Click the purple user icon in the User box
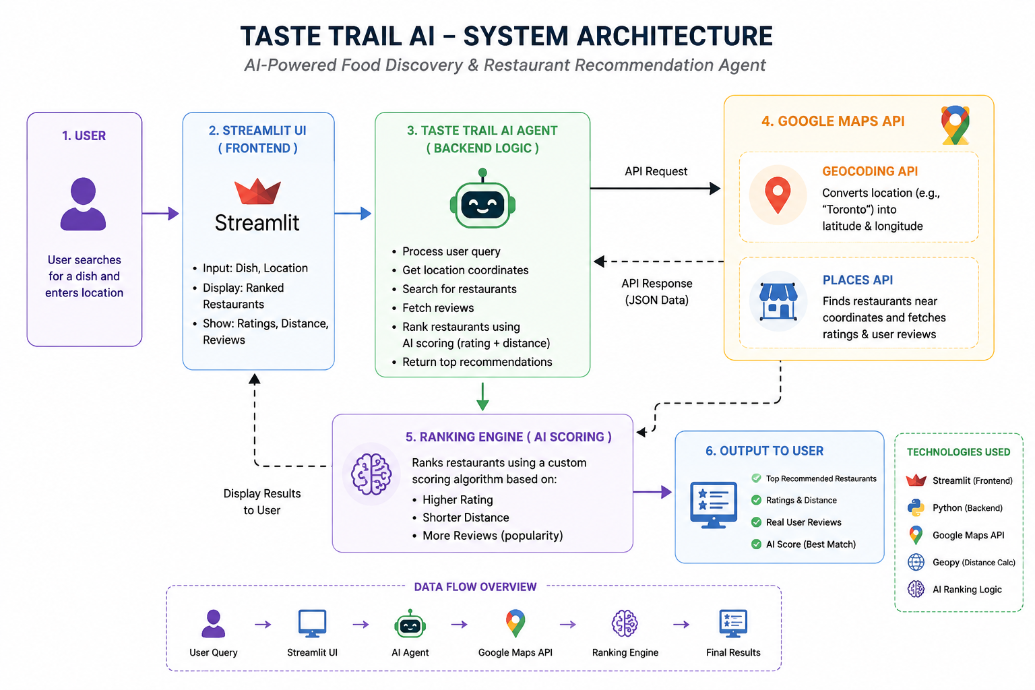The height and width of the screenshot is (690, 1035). (x=83, y=203)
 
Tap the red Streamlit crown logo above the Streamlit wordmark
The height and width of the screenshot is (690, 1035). (x=257, y=191)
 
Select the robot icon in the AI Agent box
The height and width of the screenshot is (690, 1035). (x=482, y=198)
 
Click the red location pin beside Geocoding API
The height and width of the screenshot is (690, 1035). (x=778, y=195)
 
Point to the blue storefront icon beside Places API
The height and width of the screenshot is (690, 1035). (x=778, y=301)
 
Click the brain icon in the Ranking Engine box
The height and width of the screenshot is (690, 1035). (x=371, y=474)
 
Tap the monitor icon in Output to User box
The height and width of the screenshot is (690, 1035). (x=714, y=505)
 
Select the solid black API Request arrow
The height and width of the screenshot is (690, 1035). (x=655, y=188)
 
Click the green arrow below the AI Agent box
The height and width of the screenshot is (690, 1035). (x=482, y=396)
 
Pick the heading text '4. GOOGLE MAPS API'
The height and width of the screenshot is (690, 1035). (x=833, y=121)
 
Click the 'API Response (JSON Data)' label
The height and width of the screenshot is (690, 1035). (x=656, y=292)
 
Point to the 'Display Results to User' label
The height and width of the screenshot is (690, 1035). (x=262, y=502)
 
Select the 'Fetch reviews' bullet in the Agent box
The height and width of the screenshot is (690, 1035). (x=438, y=308)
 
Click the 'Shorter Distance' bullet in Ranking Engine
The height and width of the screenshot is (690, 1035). (x=466, y=517)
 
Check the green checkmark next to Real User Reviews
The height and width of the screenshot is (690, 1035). (x=757, y=522)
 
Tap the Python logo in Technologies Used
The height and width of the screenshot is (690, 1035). (x=916, y=508)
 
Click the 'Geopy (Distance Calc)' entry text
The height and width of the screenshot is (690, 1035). (x=974, y=563)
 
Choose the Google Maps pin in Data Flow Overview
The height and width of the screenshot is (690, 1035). (x=515, y=623)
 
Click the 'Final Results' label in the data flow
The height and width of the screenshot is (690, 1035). (x=733, y=652)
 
